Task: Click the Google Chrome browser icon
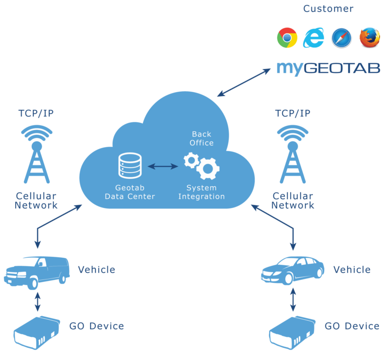[287, 38]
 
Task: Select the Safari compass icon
[341, 38]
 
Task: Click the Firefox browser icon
[369, 38]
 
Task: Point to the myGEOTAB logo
[328, 68]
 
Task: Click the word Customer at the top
[328, 9]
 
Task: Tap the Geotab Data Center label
[130, 192]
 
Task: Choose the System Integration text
[202, 192]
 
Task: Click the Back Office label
[202, 138]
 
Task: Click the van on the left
[36, 272]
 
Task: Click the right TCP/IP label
[293, 113]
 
